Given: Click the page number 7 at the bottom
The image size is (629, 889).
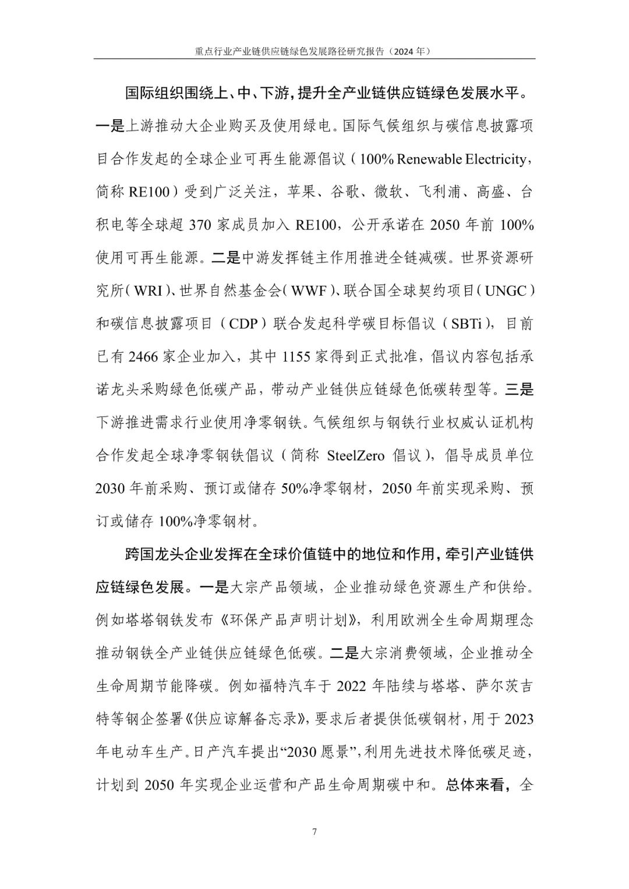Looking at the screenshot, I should pos(314,831).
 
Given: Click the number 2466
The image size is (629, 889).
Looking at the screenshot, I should pos(143,356).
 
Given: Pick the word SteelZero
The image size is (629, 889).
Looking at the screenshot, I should pos(356,455).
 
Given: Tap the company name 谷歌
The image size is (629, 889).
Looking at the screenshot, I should pos(345,192).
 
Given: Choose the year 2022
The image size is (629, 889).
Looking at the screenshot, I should pos(355,686).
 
